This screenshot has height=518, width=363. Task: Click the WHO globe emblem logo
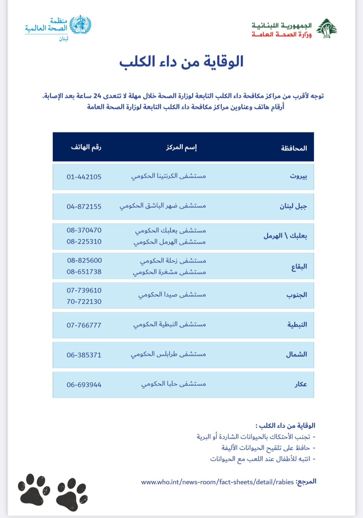tap(80, 25)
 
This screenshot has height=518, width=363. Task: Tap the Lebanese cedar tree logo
tap(326, 29)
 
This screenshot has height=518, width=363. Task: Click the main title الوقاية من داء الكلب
tap(181, 62)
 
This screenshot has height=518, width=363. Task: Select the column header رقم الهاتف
tap(86, 147)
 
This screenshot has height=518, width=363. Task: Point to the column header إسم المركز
tap(181, 147)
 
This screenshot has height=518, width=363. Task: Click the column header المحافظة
tap(294, 148)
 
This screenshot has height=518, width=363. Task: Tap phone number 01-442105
tap(84, 177)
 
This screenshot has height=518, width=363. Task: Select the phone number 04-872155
tap(84, 207)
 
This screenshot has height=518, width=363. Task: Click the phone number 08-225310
tap(84, 242)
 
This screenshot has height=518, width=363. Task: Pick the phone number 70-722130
tap(84, 302)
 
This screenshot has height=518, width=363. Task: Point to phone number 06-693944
tap(84, 385)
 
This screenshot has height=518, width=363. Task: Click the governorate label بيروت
tap(298, 177)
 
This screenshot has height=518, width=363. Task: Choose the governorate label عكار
tap(300, 385)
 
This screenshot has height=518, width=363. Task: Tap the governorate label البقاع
tap(299, 267)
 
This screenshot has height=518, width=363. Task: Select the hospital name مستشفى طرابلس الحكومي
tap(168, 354)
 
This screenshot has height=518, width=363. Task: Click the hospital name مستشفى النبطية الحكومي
tap(169, 325)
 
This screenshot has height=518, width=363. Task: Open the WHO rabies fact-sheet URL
tap(217, 482)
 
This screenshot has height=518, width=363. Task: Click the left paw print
tap(34, 489)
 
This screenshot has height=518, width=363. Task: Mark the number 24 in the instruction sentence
tap(97, 96)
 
